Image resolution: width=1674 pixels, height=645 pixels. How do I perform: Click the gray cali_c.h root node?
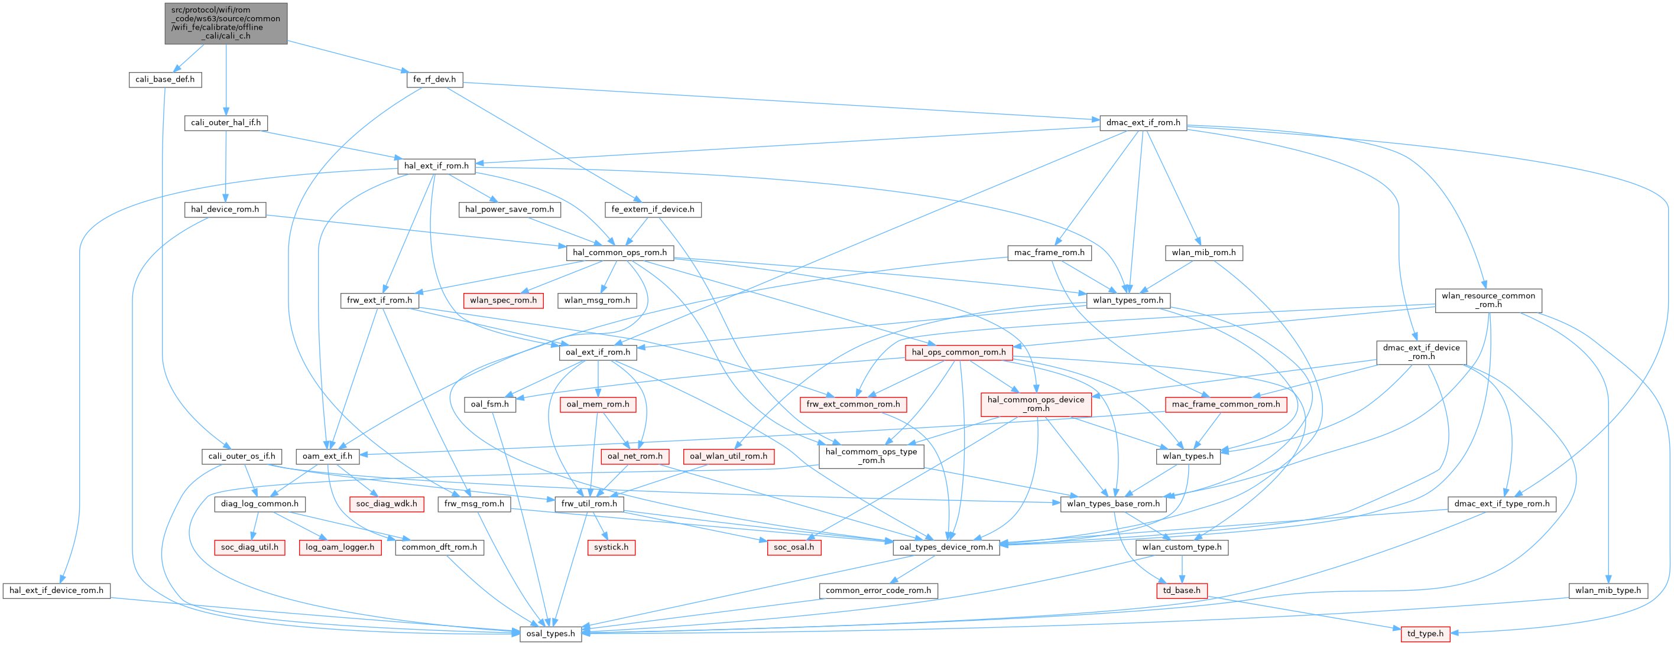point(225,22)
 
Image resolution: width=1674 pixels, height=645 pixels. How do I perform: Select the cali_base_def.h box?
point(165,79)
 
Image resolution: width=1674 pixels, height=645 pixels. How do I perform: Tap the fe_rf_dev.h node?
point(434,79)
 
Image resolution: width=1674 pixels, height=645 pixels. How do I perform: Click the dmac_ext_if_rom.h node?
point(1143,122)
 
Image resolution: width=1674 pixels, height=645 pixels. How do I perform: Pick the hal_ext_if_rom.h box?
point(436,165)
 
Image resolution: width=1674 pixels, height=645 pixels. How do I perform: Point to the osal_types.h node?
point(550,633)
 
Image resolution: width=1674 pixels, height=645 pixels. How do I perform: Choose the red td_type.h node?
point(1425,633)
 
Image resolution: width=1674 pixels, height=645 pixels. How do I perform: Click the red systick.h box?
point(611,547)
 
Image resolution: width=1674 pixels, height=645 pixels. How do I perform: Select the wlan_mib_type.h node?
point(1608,591)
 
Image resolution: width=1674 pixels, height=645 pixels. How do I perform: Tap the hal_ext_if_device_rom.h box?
point(57,591)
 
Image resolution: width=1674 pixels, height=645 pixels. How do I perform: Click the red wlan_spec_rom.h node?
point(503,300)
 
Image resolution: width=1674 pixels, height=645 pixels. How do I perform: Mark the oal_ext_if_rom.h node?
point(598,352)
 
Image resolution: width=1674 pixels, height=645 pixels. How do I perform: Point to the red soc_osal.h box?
point(793,547)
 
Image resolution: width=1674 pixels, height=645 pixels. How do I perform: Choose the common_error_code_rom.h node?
point(878,591)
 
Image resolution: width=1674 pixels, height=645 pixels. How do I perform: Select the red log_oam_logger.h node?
point(340,547)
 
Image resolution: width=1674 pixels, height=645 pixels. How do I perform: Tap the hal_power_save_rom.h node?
point(510,209)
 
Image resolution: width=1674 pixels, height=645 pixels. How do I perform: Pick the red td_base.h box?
point(1182,591)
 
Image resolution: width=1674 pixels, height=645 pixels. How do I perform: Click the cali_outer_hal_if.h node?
point(225,122)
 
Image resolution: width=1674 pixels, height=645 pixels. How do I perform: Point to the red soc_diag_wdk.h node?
point(387,503)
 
